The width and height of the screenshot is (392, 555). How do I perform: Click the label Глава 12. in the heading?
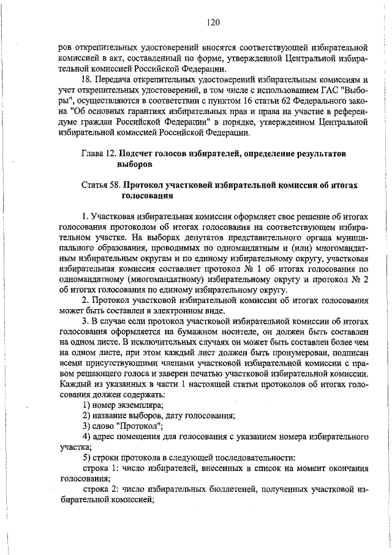pyautogui.click(x=99, y=152)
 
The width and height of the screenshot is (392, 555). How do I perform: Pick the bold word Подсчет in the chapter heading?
pyautogui.click(x=139, y=152)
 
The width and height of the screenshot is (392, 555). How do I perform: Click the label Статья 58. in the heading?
pyautogui.click(x=100, y=185)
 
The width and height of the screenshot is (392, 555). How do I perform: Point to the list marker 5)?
pyautogui.click(x=87, y=460)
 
